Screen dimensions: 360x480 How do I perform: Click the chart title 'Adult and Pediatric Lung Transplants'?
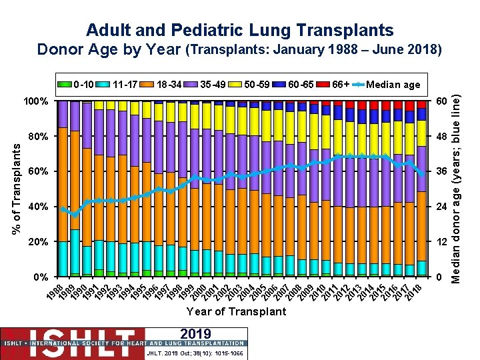click(240, 30)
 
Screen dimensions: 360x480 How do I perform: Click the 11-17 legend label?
click(127, 84)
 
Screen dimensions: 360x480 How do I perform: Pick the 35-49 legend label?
click(213, 84)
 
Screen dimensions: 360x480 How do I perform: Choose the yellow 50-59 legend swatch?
click(233, 84)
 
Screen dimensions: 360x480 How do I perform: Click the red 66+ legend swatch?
click(323, 84)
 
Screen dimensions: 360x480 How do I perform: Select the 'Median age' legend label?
click(393, 84)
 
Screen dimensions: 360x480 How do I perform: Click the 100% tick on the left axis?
click(35, 101)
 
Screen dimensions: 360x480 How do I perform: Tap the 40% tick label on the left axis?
click(37, 207)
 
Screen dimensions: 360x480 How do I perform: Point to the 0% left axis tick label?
click(40, 277)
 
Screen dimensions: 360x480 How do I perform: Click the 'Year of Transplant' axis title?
click(236, 311)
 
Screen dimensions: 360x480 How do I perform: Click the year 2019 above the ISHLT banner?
click(195, 333)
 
